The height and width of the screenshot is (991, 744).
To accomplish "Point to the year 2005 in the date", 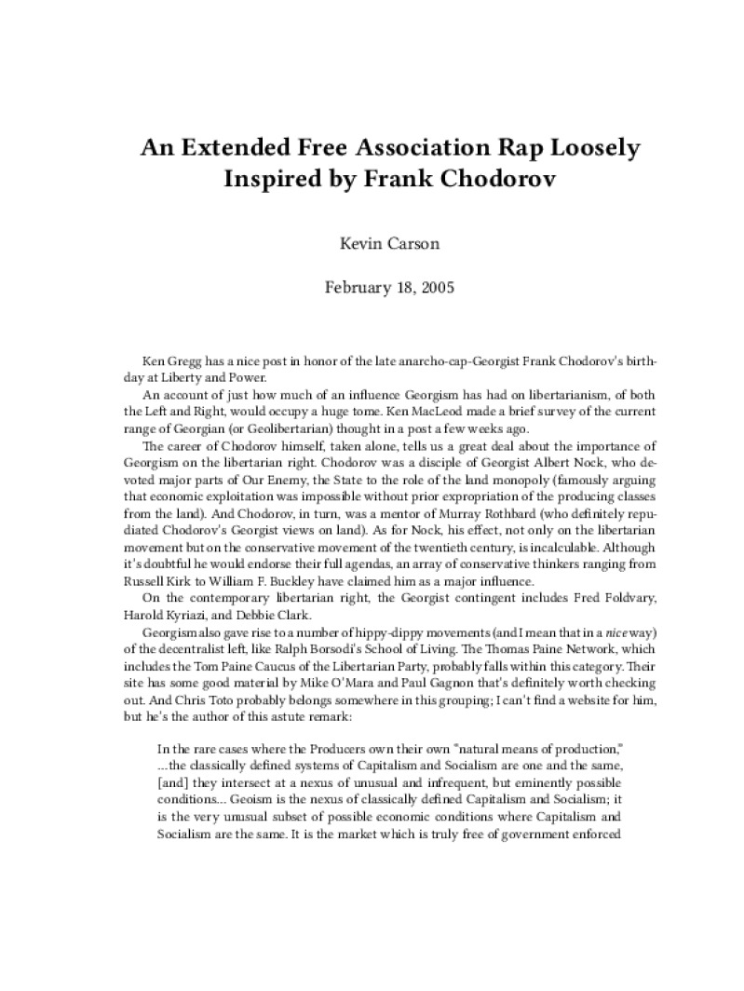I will click(x=435, y=287).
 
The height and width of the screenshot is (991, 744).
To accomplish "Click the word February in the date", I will click(x=357, y=287).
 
